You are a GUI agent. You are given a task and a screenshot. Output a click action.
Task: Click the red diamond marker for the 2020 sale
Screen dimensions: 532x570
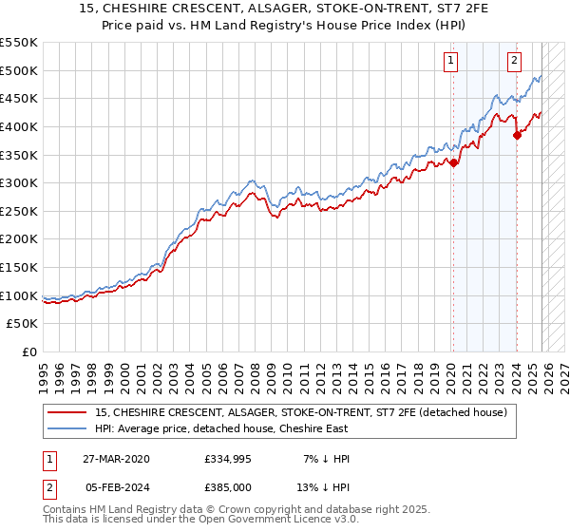pyautogui.click(x=454, y=162)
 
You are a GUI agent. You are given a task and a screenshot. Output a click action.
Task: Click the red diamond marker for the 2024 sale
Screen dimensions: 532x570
pyautogui.click(x=517, y=135)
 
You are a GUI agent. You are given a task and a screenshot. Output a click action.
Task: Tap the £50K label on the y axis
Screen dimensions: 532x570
pyautogui.click(x=23, y=324)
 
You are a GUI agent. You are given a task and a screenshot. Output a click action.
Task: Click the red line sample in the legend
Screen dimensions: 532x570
pyautogui.click(x=67, y=412)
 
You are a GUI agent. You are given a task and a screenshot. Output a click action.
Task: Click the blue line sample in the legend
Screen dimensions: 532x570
pyautogui.click(x=67, y=428)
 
